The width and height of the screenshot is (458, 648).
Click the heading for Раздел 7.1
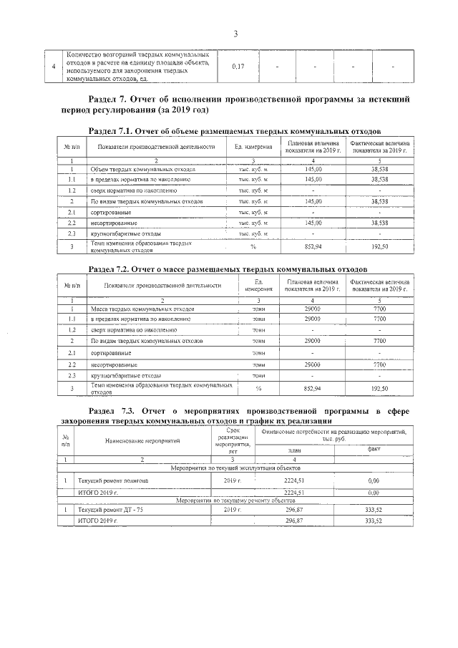[x=234, y=132]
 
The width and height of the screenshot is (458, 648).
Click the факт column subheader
[x=373, y=449]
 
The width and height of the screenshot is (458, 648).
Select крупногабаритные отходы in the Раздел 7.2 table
[x=125, y=374]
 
